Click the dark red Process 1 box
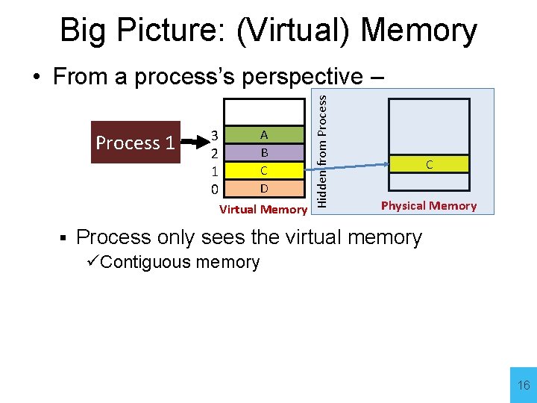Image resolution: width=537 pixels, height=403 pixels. coord(136,142)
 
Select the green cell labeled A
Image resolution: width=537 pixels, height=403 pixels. coord(264,135)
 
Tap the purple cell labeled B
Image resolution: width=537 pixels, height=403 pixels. coord(264,152)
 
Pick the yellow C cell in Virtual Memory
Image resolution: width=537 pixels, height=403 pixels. coord(264,170)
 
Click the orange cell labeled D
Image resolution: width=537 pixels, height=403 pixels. coord(264,187)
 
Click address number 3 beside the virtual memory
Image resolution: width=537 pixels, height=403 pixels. coord(214,136)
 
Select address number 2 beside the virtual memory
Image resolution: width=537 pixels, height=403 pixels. coord(214,153)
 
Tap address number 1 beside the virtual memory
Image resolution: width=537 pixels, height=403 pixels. coord(214,170)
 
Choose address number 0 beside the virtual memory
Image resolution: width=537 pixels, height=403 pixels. coord(214,188)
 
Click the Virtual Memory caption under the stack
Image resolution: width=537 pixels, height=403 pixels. coord(263,210)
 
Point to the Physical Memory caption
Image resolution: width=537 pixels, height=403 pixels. coord(428,206)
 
